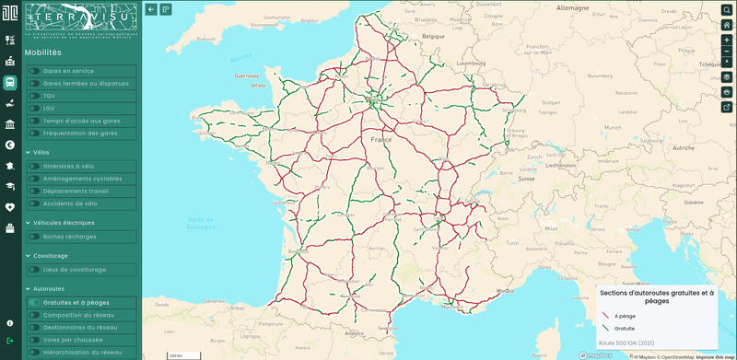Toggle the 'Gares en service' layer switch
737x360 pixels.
(34, 71)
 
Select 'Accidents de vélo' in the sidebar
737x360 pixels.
(70, 203)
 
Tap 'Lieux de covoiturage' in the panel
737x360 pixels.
(75, 270)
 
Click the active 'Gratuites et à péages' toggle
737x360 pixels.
(34, 302)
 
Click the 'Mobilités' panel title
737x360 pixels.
(42, 52)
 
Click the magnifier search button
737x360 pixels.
(726, 9)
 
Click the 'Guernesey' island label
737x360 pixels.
(248, 75)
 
